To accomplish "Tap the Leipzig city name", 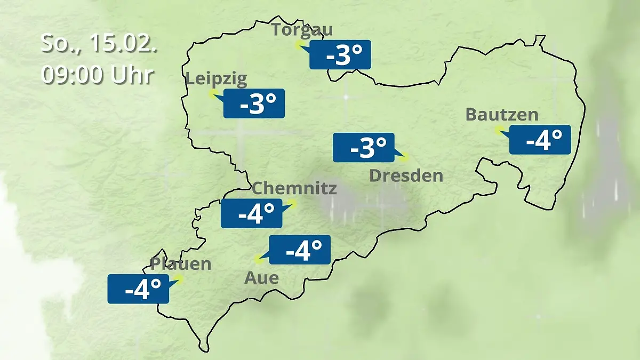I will pos(216,79).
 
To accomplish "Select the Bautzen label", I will pos(501,115).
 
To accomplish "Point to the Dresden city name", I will pos(406,175).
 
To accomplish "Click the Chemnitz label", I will pos(294,188).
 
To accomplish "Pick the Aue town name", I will pos(261,278).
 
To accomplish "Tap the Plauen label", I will pos(181,263).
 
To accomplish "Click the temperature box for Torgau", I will pos(340,54).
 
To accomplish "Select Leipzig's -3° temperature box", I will pos(254,103).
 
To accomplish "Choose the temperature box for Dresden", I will pos(364,148).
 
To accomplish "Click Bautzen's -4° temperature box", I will pos(540,140).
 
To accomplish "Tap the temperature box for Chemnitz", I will pos(252,213).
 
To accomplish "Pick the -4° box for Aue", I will pos(300,250).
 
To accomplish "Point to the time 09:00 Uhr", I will pos(98,75).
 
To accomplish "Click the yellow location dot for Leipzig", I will pos(212,94).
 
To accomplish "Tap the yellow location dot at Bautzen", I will pos(498,130).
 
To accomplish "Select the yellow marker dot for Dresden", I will pos(404,157).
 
